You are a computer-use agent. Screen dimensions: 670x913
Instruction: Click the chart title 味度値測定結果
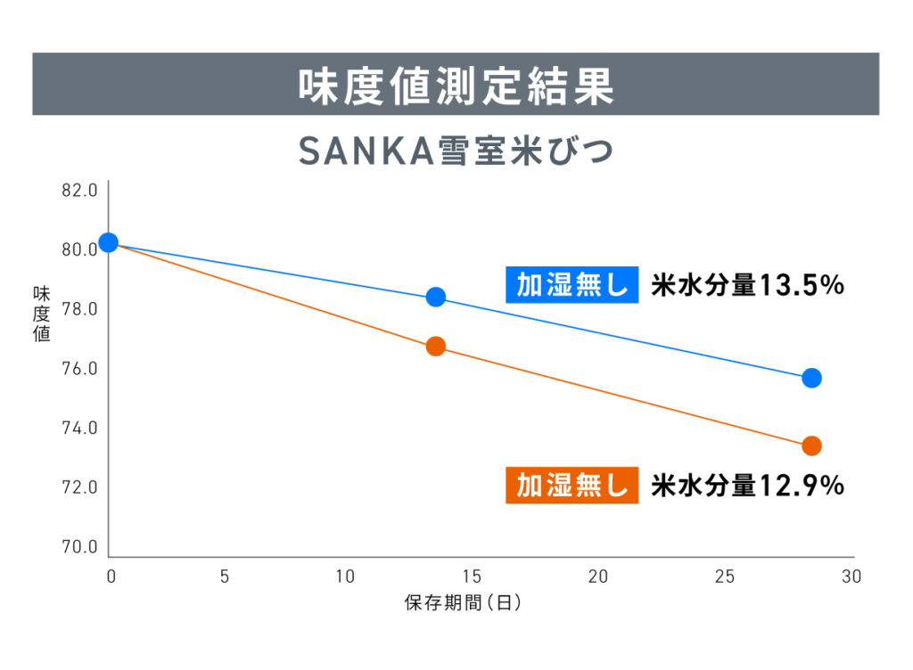coord(456,86)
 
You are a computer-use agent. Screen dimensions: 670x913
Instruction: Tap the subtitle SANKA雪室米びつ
coord(456,152)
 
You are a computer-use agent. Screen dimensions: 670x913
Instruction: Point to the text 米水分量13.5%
coord(747,286)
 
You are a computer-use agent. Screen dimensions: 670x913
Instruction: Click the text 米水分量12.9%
coord(747,486)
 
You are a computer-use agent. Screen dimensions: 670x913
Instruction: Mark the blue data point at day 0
coord(109,242)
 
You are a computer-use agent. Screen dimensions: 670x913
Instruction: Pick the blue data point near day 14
coord(436,297)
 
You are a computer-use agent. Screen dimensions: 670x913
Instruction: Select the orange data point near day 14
coord(436,346)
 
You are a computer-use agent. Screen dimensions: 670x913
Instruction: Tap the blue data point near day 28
coord(811,378)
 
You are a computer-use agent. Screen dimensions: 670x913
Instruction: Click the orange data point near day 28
coord(811,445)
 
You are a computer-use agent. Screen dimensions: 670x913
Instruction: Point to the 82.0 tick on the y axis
coord(80,191)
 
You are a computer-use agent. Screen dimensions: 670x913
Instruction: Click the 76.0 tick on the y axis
coord(80,369)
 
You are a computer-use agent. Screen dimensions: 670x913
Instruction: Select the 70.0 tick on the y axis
coord(80,546)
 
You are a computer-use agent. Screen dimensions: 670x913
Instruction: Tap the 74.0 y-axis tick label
coord(80,429)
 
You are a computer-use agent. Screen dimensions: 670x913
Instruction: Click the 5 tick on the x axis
coord(224,576)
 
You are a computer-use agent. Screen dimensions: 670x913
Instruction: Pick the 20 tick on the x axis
coord(597,576)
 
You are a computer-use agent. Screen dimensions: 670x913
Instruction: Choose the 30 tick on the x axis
coord(851,576)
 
